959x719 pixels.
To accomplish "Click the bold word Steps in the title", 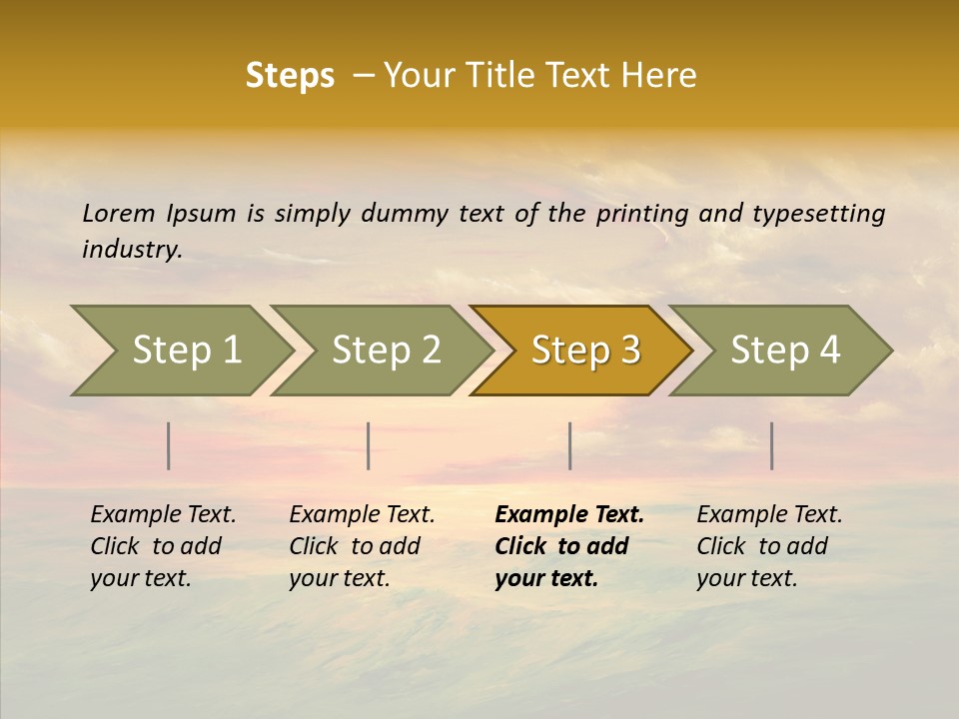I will click(x=290, y=76).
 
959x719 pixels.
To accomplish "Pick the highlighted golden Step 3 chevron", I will click(x=585, y=351).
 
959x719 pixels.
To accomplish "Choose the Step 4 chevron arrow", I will click(x=785, y=351).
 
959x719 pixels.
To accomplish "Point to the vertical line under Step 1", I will click(x=169, y=445).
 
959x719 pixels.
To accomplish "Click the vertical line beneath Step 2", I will click(x=369, y=445).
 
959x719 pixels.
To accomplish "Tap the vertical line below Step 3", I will click(x=569, y=445).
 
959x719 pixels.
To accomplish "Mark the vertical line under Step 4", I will click(x=771, y=445).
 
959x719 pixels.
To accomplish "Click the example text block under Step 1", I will click(x=163, y=546).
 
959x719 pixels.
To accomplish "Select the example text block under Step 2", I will click(x=362, y=546).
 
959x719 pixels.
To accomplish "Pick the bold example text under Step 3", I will click(x=568, y=546).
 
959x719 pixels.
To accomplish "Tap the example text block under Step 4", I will click(x=769, y=546).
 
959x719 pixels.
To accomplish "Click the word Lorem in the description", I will click(x=118, y=214).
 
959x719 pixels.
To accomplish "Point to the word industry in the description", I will click(x=132, y=250).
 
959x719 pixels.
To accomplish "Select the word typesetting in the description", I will click(x=818, y=214).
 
